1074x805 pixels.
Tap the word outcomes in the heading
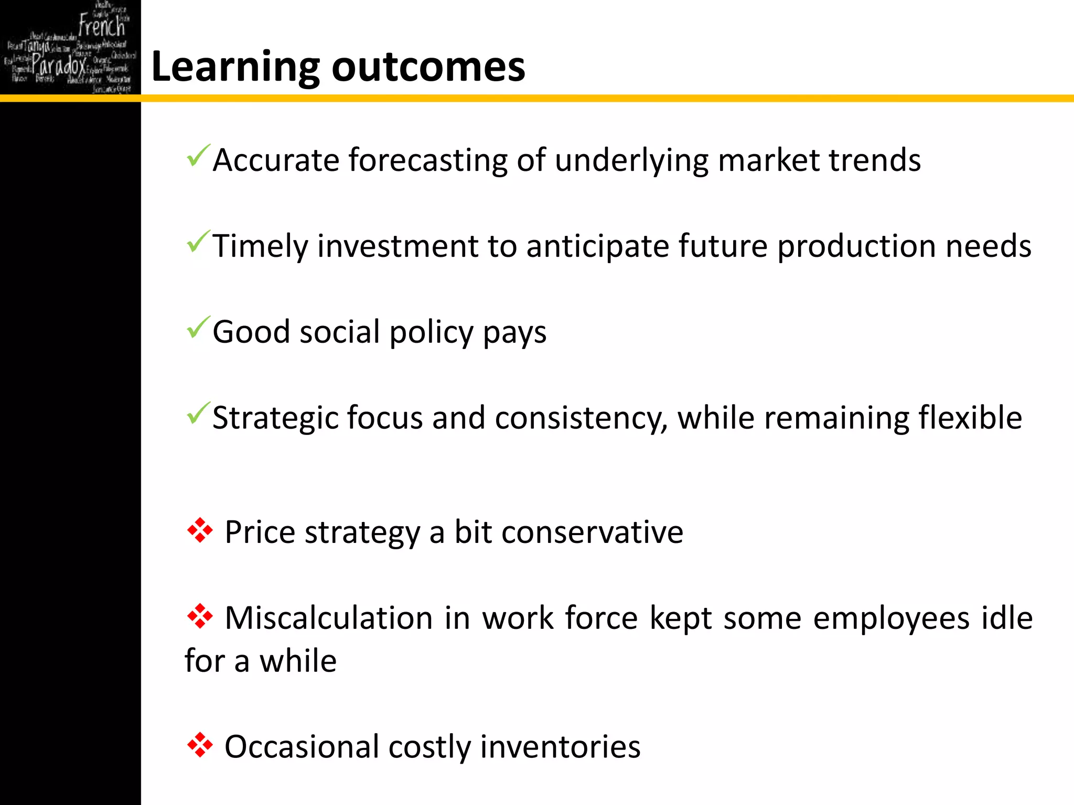(x=428, y=68)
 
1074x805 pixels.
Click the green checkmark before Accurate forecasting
(x=198, y=156)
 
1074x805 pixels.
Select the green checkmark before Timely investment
(x=198, y=242)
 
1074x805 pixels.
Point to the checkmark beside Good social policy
(x=198, y=328)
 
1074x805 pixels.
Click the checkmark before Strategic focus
(x=198, y=414)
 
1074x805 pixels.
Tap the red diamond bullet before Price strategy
(x=200, y=530)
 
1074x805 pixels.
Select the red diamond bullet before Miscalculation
(x=200, y=616)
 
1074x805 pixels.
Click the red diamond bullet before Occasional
(x=200, y=745)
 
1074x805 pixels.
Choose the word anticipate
(x=597, y=246)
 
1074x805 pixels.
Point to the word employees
(x=891, y=619)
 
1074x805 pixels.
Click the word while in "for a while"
(x=298, y=661)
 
